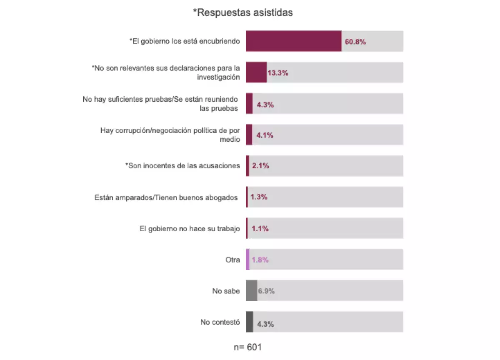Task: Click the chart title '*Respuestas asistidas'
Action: pyautogui.click(x=243, y=12)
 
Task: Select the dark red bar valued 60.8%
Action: pyautogui.click(x=293, y=41)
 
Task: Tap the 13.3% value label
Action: pyautogui.click(x=277, y=73)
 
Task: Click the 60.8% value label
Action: pyautogui.click(x=355, y=42)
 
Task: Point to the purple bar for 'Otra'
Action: pyautogui.click(x=247, y=260)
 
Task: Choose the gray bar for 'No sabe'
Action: pyautogui.click(x=251, y=291)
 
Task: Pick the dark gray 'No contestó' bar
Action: pyautogui.click(x=249, y=322)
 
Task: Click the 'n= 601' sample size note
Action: pyautogui.click(x=248, y=347)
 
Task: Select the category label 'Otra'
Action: pyautogui.click(x=232, y=260)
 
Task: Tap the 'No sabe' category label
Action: pyautogui.click(x=226, y=291)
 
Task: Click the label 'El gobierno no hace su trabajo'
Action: pyautogui.click(x=190, y=228)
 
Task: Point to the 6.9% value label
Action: pyautogui.click(x=266, y=291)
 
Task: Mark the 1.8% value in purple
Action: pyautogui.click(x=260, y=260)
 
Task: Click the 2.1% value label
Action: pyautogui.click(x=260, y=166)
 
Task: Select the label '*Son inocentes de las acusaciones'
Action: pyautogui.click(x=182, y=166)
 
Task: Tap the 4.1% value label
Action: pyautogui.click(x=265, y=135)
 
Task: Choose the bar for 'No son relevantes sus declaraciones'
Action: pyautogui.click(x=256, y=72)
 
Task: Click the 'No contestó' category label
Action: pyautogui.click(x=220, y=322)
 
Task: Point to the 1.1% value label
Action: pyautogui.click(x=260, y=229)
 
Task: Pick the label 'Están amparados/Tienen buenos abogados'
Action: pyautogui.click(x=166, y=197)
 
